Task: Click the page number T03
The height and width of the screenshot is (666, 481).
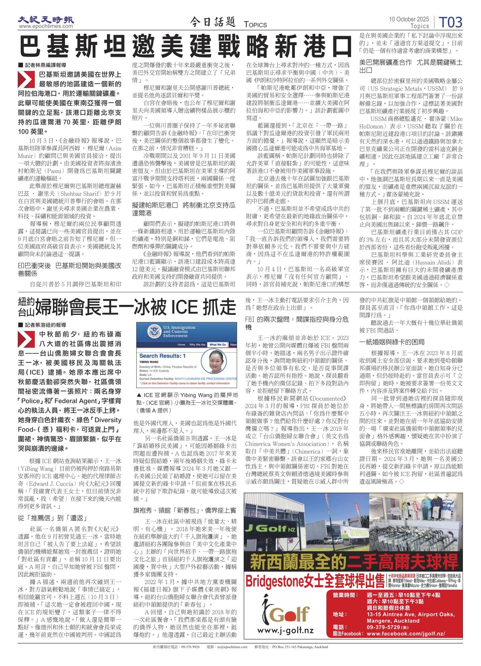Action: click(x=450, y=22)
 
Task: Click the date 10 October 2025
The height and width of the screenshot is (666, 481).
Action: click(x=408, y=19)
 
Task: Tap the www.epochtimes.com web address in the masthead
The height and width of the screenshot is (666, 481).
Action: click(x=46, y=26)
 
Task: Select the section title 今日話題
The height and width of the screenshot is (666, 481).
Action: click(x=213, y=22)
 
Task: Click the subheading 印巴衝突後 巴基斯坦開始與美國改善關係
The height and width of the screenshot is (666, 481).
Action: click(x=70, y=269)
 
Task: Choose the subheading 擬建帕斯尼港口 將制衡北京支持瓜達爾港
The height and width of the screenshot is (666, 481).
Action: click(x=183, y=209)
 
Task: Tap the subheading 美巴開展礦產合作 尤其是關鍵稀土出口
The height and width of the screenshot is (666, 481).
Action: click(x=411, y=66)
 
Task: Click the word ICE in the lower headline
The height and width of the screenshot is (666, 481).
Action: click(x=187, y=307)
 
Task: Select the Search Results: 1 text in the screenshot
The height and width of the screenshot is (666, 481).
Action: click(x=162, y=356)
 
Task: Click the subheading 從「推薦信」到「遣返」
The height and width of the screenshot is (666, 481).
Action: click(x=53, y=518)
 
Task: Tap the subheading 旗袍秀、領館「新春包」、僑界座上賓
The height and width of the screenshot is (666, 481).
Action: click(x=185, y=510)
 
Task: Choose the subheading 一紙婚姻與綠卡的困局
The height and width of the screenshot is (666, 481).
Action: click(x=392, y=342)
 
